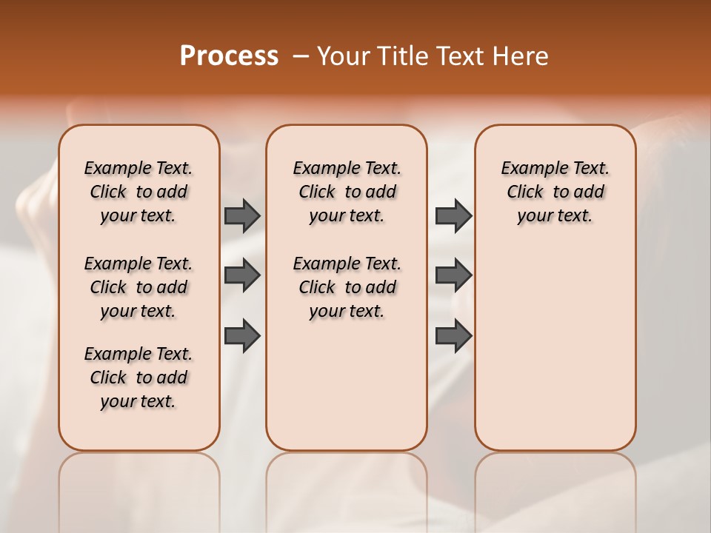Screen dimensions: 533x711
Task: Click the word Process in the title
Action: [229, 56]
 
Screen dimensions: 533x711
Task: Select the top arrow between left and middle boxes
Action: [242, 215]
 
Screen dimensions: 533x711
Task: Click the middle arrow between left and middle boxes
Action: [242, 275]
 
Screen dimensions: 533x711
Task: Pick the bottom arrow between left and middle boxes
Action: [242, 335]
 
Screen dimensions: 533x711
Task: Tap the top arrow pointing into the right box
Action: [453, 215]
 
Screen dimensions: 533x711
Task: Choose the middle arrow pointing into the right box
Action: [453, 275]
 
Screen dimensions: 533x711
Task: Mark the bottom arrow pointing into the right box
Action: [453, 335]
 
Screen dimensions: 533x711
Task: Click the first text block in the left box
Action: [138, 192]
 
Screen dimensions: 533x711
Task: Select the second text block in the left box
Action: [138, 287]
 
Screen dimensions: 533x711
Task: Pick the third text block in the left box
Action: [138, 378]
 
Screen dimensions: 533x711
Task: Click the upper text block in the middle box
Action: [347, 192]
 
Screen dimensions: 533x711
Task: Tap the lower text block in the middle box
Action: [347, 287]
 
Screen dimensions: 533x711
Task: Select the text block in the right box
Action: [555, 192]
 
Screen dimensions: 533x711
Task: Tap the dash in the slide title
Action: [300, 56]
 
